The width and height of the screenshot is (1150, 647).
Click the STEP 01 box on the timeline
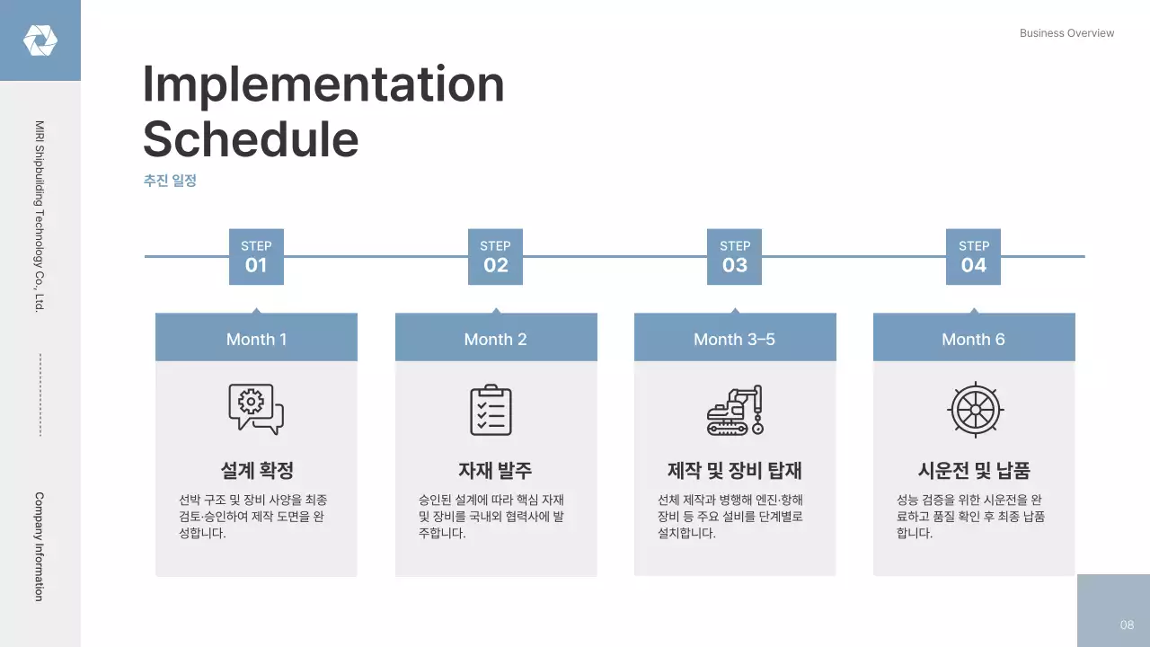click(256, 257)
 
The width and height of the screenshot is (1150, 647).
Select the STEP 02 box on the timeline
click(495, 257)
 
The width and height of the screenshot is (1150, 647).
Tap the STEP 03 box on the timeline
click(735, 257)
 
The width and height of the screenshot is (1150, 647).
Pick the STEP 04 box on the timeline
click(973, 257)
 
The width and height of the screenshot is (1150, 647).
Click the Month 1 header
click(256, 339)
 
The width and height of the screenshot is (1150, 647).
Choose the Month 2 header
click(495, 339)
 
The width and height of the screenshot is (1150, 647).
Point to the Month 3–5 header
click(734, 339)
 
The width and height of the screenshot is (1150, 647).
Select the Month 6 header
click(973, 339)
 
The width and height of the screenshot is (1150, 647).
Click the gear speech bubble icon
click(256, 410)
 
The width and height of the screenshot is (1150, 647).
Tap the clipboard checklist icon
click(491, 410)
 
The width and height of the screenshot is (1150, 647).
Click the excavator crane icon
click(735, 410)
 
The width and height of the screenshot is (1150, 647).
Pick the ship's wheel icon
click(975, 410)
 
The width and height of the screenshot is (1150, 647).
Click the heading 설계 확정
click(256, 470)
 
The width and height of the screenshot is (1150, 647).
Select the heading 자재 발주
click(495, 470)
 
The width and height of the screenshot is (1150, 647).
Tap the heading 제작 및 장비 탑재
click(734, 470)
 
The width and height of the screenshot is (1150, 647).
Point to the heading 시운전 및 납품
click(973, 470)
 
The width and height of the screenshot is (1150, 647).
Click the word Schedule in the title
click(251, 140)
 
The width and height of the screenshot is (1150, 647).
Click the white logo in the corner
click(40, 40)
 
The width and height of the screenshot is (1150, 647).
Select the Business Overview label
click(1066, 33)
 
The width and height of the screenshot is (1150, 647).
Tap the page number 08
click(1127, 625)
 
